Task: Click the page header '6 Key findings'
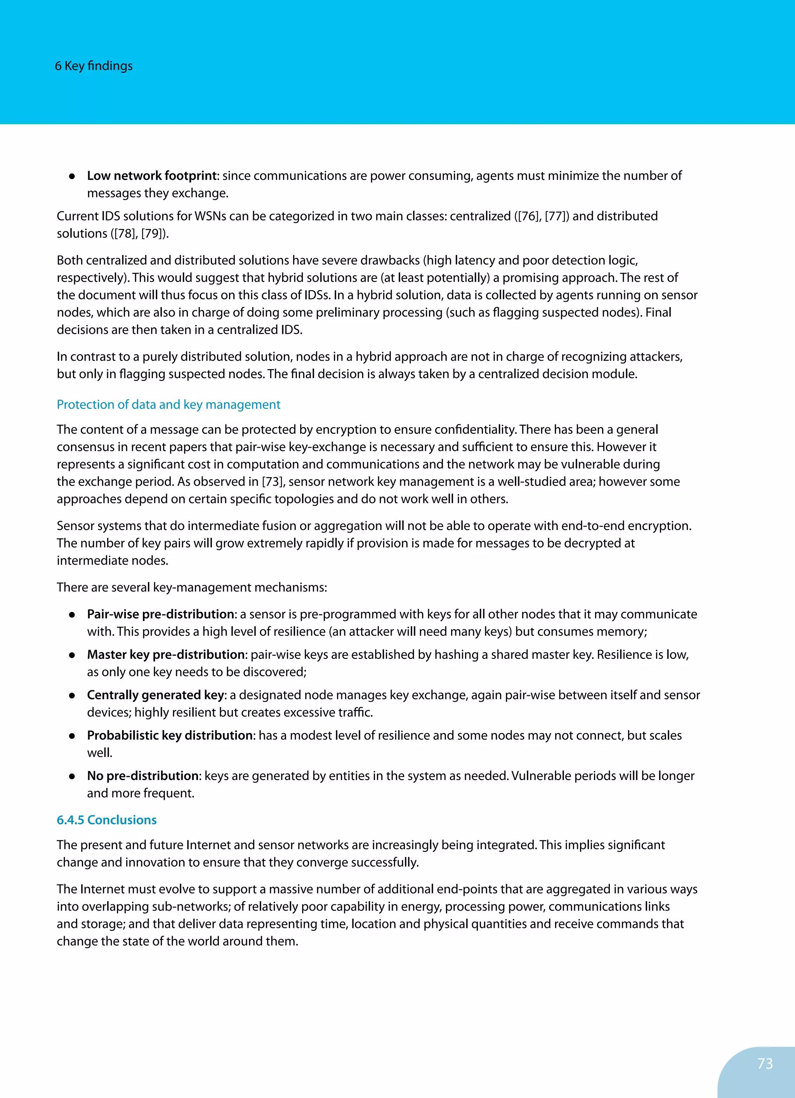pos(94,66)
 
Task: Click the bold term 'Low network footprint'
pos(151,176)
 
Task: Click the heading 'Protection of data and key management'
pos(168,405)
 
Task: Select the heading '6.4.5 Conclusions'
pos(106,820)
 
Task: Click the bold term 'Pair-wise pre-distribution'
pos(160,614)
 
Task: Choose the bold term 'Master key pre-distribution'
pos(166,655)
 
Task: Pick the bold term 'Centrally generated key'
pos(155,695)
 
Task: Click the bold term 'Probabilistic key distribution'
pos(170,735)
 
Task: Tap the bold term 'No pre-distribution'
pos(143,776)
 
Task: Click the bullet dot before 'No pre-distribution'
pos(72,777)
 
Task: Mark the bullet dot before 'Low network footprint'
pos(72,177)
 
